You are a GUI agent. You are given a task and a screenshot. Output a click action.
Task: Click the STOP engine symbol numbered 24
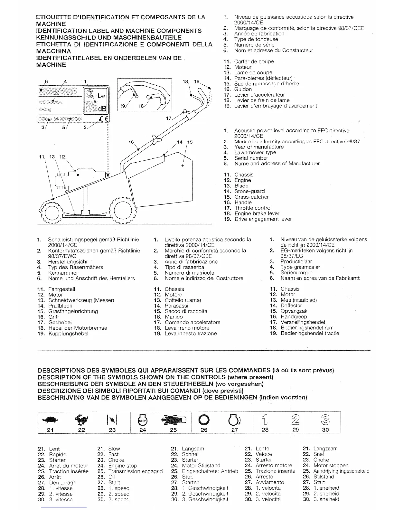(142, 420)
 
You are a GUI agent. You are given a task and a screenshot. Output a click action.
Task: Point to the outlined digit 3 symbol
(325, 420)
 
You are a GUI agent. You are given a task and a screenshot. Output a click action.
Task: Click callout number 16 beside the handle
(131, 142)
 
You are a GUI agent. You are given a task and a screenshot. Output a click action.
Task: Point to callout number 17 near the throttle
(169, 118)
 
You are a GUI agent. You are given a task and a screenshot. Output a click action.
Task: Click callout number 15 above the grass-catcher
(190, 142)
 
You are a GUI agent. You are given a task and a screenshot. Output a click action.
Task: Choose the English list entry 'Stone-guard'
(249, 191)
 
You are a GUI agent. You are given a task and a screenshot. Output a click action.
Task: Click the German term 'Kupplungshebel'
(68, 334)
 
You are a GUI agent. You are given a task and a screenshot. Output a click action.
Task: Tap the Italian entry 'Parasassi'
(176, 306)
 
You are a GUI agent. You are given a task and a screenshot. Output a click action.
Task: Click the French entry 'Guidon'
(243, 89)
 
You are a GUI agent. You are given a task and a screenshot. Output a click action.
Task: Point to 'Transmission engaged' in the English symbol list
(135, 471)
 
